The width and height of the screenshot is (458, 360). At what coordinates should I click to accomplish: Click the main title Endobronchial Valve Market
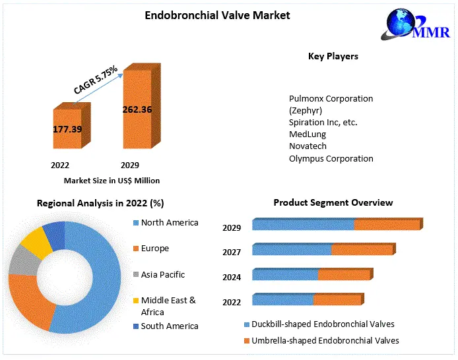217,15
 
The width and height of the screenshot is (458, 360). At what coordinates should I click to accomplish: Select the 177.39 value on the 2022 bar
67,129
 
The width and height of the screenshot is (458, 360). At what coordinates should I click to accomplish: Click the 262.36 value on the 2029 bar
137,109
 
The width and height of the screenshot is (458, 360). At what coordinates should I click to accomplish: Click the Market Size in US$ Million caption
112,180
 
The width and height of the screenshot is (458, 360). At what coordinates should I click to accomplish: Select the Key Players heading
333,56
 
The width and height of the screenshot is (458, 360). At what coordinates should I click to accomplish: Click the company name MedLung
308,134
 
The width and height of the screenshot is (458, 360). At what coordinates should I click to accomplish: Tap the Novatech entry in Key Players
308,146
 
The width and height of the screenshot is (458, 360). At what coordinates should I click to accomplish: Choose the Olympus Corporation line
331,158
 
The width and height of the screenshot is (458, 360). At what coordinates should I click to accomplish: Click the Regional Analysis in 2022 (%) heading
100,203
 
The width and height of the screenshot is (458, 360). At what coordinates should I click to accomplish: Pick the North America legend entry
169,222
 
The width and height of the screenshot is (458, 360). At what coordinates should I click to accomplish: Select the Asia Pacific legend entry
162,274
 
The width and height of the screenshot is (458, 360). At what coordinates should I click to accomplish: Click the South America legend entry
169,326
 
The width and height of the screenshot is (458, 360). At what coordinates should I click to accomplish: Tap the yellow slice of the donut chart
36,242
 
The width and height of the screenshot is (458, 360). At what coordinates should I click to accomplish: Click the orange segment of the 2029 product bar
387,225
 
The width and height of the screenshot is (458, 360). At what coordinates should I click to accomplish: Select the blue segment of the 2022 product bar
282,300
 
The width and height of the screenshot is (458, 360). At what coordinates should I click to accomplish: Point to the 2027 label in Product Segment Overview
232,252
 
